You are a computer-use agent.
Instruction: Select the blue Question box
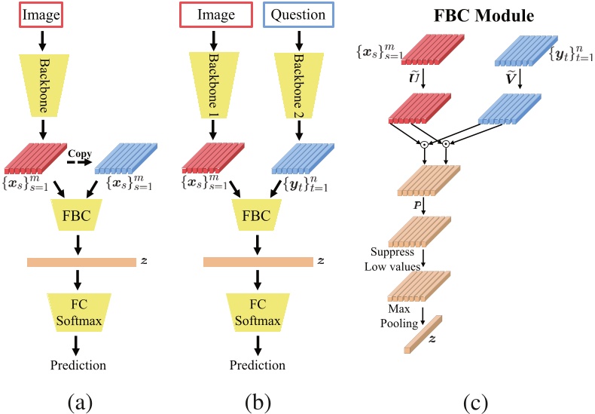299,15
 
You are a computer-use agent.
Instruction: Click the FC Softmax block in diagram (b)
258,310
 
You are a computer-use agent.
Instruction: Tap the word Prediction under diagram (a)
78,366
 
